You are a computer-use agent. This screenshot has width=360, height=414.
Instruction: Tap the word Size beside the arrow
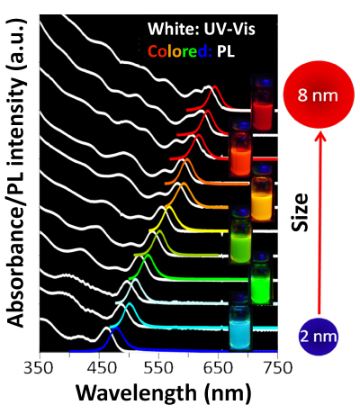pos(305,215)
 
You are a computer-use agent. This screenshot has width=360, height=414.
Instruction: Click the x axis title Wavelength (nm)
pos(157,393)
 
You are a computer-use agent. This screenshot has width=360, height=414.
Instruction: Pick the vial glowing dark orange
pos(241,148)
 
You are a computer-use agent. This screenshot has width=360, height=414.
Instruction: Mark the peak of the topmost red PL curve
pos(213,88)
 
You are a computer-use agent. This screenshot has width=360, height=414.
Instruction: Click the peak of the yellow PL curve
pos(166,208)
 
